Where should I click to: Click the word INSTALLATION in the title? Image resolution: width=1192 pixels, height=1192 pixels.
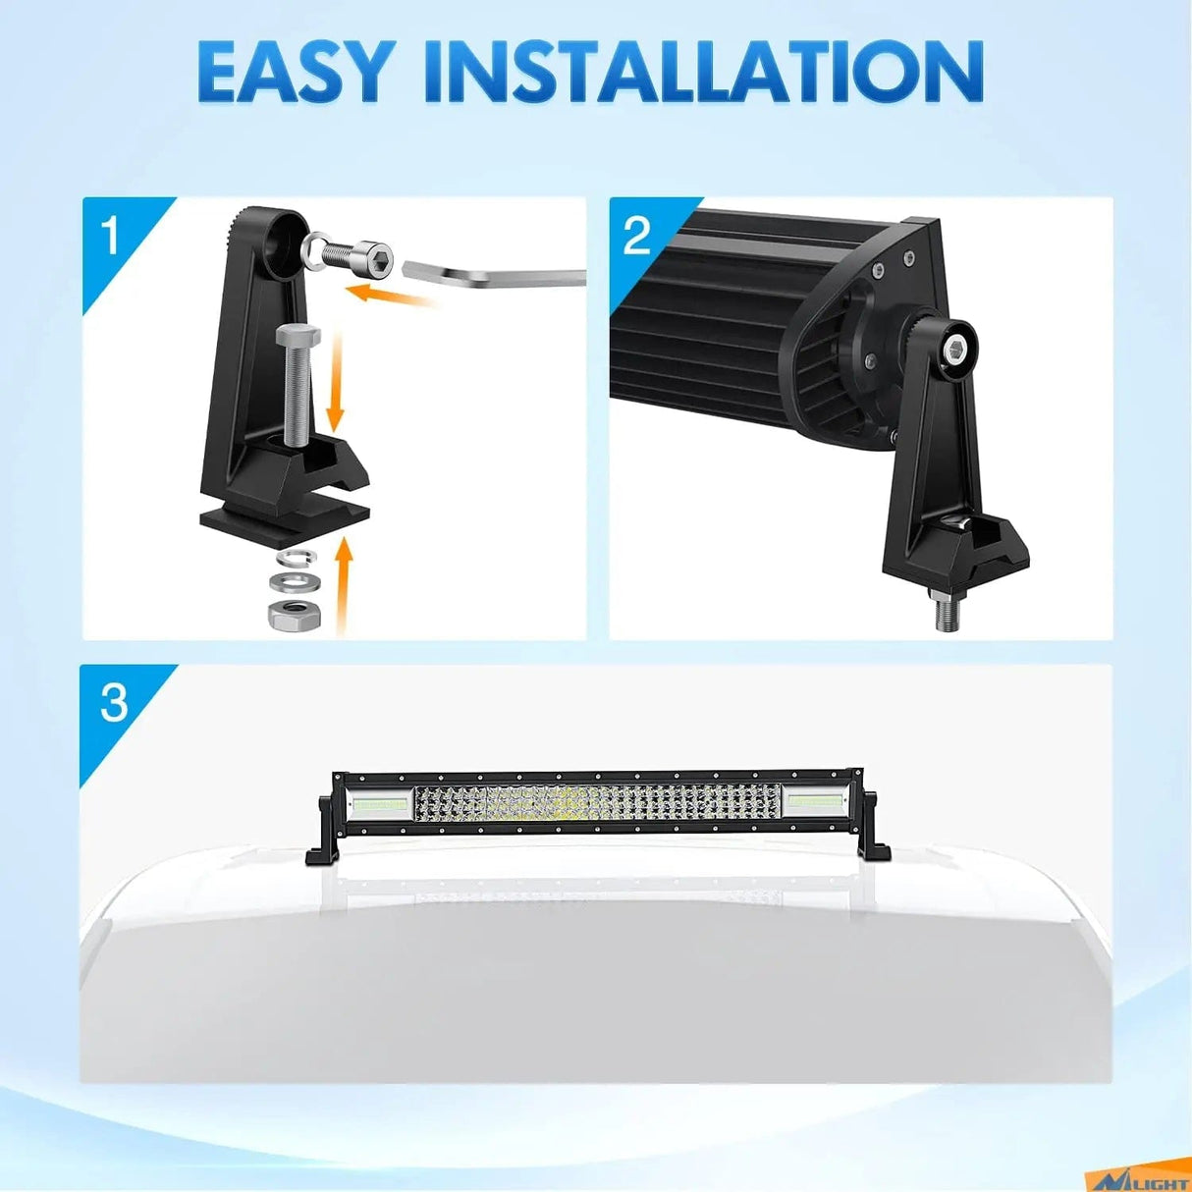coord(704,72)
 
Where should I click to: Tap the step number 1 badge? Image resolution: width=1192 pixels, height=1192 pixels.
coord(111,236)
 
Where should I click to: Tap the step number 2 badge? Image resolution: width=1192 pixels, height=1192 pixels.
coord(637,237)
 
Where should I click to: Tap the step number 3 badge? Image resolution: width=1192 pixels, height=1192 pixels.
coord(114,703)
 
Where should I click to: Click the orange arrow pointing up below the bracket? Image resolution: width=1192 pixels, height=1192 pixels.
coord(342,583)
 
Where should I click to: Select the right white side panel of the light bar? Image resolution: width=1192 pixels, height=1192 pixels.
coord(813,804)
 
